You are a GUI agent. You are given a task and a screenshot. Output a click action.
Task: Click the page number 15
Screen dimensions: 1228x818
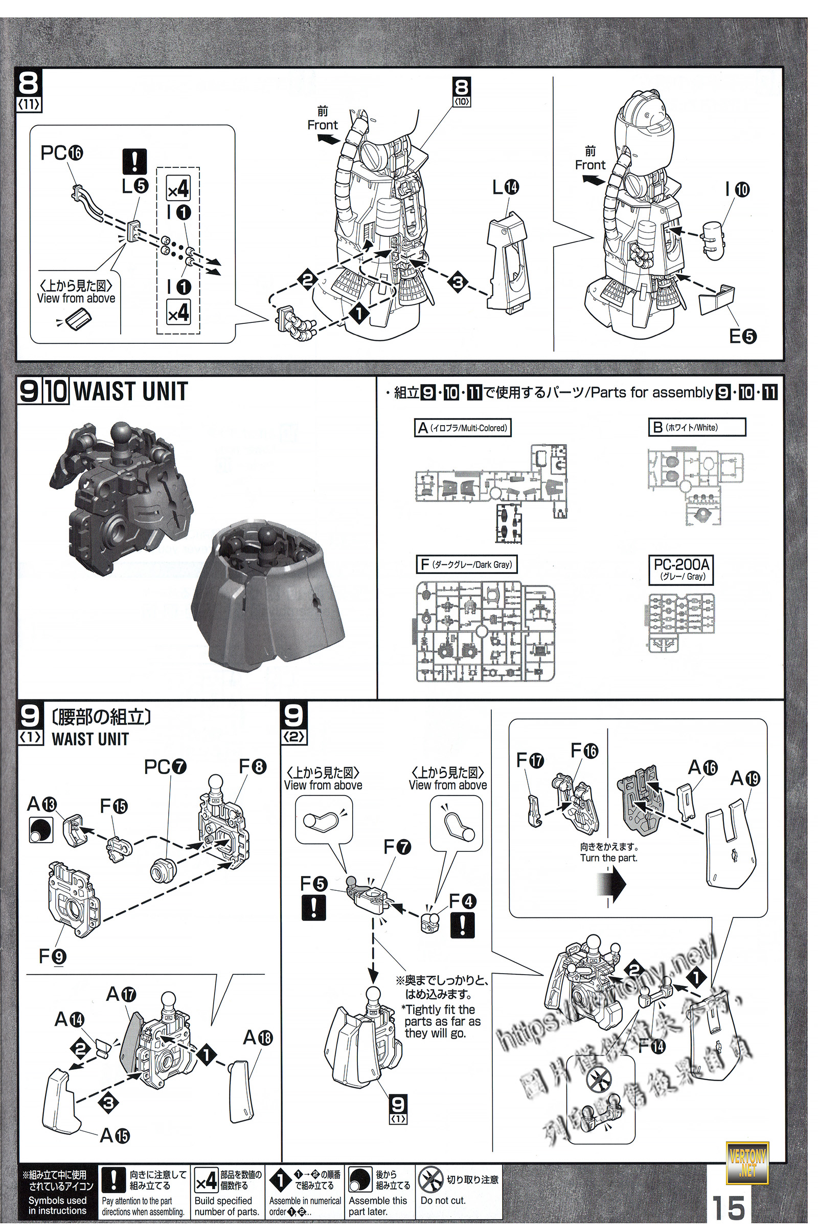pos(728,1206)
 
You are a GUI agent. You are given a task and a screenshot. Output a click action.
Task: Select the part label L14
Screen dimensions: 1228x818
pos(506,187)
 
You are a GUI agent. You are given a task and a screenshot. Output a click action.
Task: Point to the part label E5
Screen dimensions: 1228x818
pos(742,336)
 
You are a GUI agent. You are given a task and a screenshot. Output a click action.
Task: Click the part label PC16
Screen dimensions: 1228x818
pos(61,153)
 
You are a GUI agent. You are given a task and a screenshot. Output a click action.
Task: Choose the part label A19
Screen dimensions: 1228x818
pos(745,778)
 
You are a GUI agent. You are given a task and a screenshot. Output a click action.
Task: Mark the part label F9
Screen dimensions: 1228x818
pos(52,956)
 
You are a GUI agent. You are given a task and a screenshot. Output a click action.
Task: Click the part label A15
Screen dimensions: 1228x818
pos(114,1135)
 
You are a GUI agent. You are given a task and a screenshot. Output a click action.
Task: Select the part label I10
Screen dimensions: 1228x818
pos(737,190)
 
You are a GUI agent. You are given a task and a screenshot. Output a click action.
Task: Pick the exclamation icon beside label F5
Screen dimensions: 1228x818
pos(313,907)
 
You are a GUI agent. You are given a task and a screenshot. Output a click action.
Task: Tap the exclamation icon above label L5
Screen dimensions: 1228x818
pos(134,162)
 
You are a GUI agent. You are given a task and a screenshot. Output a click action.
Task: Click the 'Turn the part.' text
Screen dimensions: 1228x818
pos(608,858)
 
